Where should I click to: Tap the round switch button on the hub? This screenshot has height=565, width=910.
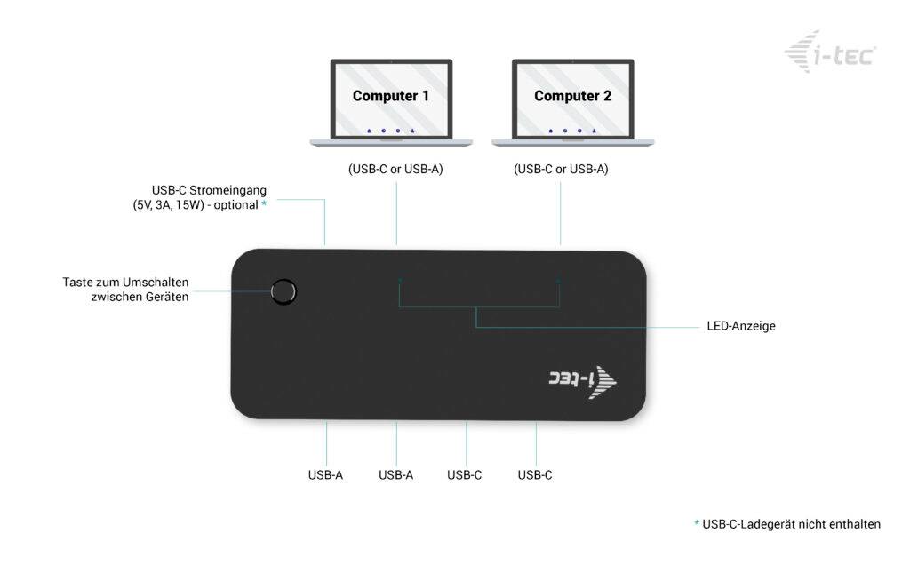pyautogui.click(x=283, y=291)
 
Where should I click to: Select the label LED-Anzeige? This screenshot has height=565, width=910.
pyautogui.click(x=741, y=326)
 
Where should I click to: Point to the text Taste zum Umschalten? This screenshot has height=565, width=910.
pyautogui.click(x=125, y=282)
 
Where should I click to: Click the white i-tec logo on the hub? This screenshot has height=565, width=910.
pyautogui.click(x=582, y=379)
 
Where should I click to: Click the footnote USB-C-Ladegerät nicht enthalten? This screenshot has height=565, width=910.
pyautogui.click(x=791, y=524)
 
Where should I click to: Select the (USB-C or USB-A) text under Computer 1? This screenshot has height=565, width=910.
pyautogui.click(x=395, y=169)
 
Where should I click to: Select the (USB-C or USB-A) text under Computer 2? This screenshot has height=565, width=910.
pyautogui.click(x=561, y=169)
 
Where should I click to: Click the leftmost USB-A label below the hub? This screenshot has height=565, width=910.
pyautogui.click(x=325, y=475)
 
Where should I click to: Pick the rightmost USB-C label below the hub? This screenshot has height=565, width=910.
pyautogui.click(x=535, y=475)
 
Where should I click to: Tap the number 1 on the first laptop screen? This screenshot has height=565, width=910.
pyautogui.click(x=425, y=96)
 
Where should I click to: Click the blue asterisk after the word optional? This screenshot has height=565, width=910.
pyautogui.click(x=264, y=204)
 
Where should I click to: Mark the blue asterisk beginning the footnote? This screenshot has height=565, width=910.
pyautogui.click(x=697, y=524)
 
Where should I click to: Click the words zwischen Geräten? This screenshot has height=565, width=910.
pyautogui.click(x=140, y=298)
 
